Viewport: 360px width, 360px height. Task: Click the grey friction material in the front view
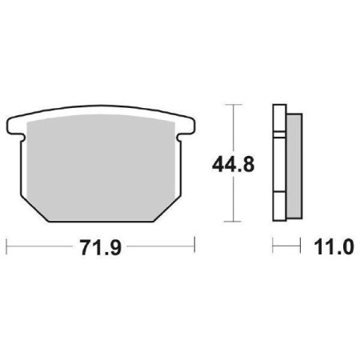[x=100, y=164]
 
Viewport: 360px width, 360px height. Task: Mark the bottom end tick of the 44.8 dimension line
[x=233, y=221]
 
